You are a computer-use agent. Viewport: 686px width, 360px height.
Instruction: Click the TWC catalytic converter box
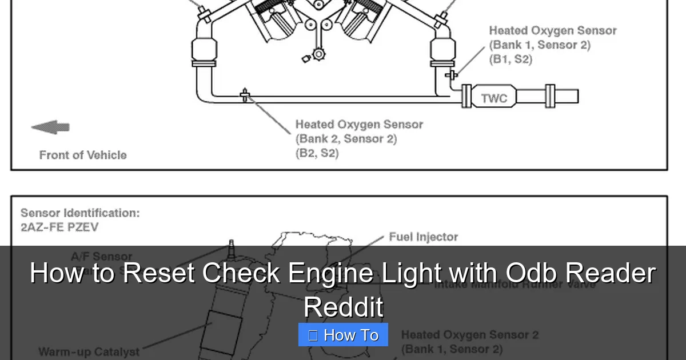click(494, 98)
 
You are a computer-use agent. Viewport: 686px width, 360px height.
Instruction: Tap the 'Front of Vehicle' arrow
click(50, 127)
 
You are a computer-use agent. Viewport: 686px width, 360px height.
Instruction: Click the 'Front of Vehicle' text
click(83, 155)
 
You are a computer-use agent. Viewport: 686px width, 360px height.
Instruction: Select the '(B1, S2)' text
click(510, 59)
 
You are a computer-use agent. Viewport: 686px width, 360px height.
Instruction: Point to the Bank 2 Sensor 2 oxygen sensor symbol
click(245, 95)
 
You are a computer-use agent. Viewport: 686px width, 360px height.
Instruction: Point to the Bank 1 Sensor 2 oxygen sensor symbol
click(452, 74)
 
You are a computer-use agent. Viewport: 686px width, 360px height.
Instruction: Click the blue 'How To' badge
click(343, 335)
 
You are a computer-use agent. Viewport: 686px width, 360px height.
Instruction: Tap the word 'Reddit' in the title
click(343, 307)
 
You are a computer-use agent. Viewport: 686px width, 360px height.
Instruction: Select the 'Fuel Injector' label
click(423, 237)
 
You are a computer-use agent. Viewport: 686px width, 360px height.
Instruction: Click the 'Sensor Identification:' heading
click(80, 213)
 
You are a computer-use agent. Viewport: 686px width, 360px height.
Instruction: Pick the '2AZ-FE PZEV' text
click(59, 227)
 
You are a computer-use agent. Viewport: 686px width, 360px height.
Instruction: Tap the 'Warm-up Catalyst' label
click(89, 351)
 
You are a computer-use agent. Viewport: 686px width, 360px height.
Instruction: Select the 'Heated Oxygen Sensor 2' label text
click(469, 335)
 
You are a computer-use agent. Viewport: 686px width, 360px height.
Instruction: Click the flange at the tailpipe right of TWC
click(550, 96)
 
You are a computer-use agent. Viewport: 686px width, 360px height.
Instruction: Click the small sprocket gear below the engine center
click(318, 55)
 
